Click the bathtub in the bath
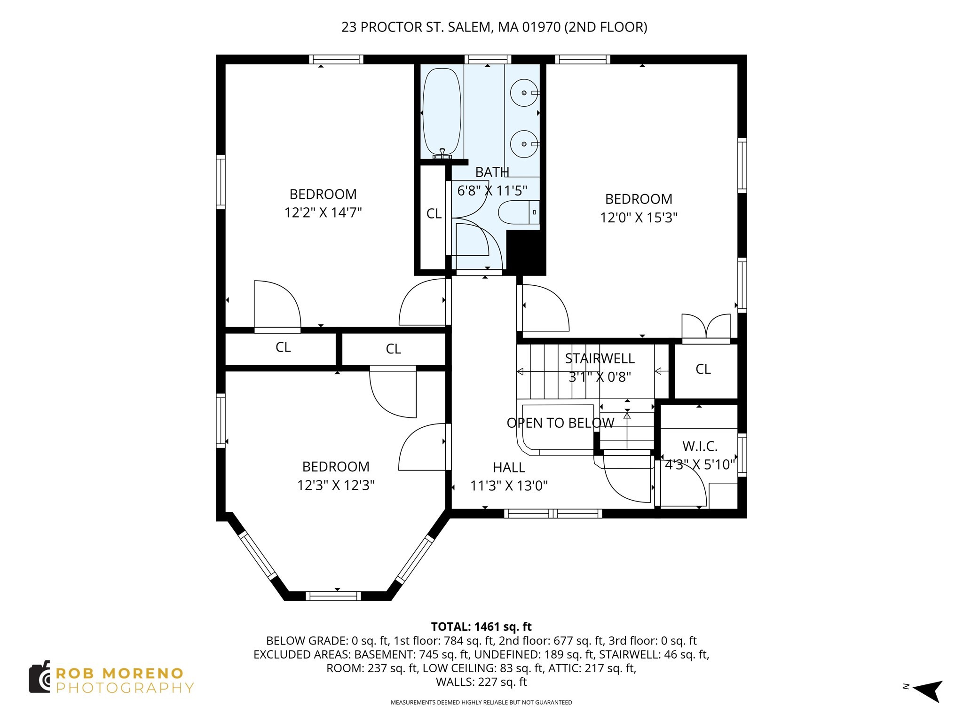pyautogui.click(x=442, y=112)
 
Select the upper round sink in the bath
pyautogui.click(x=524, y=93)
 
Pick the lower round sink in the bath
pyautogui.click(x=524, y=144)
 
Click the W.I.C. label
pyautogui.click(x=700, y=446)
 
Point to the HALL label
pyautogui.click(x=509, y=467)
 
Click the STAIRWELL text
pyautogui.click(x=600, y=359)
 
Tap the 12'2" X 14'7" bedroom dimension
pyautogui.click(x=323, y=212)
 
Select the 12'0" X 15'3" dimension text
pyautogui.click(x=639, y=218)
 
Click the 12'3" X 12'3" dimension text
pyautogui.click(x=336, y=485)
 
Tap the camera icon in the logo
pyautogui.click(x=39, y=677)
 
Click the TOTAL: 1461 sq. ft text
pyautogui.click(x=481, y=627)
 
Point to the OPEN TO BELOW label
pyautogui.click(x=560, y=423)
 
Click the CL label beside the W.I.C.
pyautogui.click(x=703, y=369)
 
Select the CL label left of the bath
pyautogui.click(x=434, y=214)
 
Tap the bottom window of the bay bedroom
pyautogui.click(x=333, y=596)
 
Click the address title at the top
pyautogui.click(x=494, y=27)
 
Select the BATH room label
pyautogui.click(x=492, y=173)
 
